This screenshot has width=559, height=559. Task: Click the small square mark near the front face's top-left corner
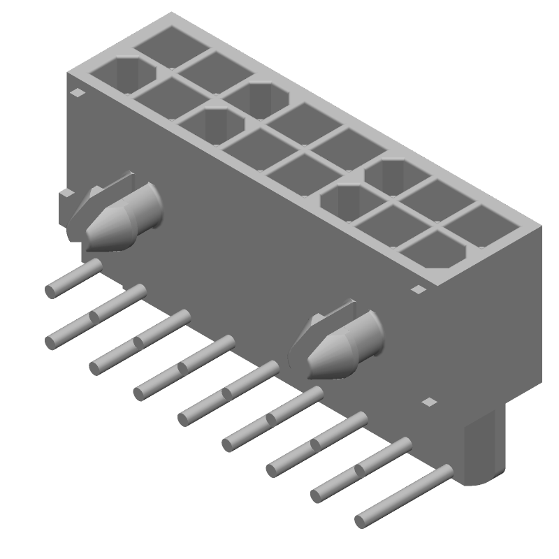78,92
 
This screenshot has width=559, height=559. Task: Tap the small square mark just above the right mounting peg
417,289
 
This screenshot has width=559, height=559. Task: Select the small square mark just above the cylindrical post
429,402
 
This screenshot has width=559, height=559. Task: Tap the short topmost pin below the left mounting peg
73,277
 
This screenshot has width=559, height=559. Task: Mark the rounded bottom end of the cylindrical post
479,479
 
